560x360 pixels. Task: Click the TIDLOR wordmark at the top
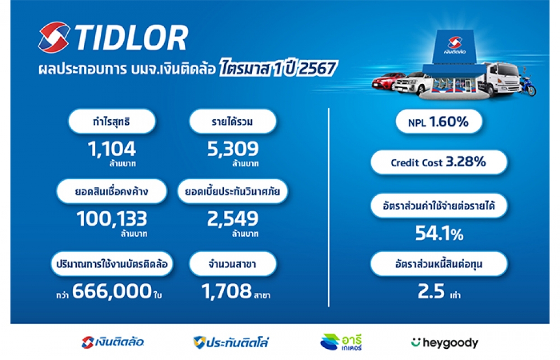[132, 38]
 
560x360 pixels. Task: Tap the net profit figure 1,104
[112, 149]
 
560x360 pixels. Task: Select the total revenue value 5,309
[233, 149]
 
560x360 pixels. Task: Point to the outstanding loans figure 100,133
[112, 218]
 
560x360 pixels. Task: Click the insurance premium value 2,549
[233, 218]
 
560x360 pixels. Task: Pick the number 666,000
[112, 291]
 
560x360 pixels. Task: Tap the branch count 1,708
[226, 291]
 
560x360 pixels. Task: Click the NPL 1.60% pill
[439, 122]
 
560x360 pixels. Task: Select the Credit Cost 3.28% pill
[439, 162]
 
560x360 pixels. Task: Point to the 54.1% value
[439, 233]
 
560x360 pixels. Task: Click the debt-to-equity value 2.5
[431, 291]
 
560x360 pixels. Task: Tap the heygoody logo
[445, 343]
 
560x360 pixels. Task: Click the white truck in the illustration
[498, 80]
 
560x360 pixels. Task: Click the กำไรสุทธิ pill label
[112, 121]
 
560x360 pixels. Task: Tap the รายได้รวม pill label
[232, 121]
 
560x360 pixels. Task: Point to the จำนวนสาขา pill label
[232, 264]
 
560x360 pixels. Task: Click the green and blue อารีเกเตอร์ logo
[341, 342]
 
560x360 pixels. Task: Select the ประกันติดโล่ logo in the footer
[231, 343]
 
